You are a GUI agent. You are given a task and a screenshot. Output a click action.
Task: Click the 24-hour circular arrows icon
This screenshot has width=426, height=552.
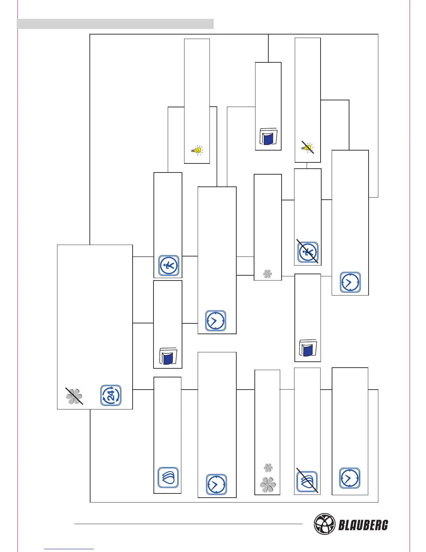pyautogui.click(x=111, y=395)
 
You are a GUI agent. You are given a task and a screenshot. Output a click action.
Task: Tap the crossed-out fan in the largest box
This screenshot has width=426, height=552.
pyautogui.click(x=74, y=396)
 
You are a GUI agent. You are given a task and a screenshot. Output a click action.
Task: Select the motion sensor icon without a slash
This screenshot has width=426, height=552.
pyautogui.click(x=169, y=266)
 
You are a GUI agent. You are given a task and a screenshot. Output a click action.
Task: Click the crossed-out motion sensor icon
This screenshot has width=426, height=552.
pyautogui.click(x=308, y=252)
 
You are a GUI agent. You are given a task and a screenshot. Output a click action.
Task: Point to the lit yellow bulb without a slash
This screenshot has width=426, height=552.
pyautogui.click(x=197, y=150)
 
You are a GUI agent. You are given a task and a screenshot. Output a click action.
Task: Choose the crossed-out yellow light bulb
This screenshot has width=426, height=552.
pyautogui.click(x=308, y=148)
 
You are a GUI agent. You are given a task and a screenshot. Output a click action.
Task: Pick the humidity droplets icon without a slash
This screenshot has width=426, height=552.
pyautogui.click(x=168, y=477)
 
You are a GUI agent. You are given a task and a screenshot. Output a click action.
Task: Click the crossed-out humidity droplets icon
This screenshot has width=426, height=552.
pyautogui.click(x=307, y=482)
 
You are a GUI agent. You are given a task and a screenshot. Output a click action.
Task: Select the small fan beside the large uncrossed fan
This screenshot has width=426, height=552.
pyautogui.click(x=268, y=468)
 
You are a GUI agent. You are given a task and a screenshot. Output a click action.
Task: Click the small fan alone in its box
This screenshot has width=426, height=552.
pyautogui.click(x=267, y=275)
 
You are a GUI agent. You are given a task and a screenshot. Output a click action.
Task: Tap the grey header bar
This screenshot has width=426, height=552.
pyautogui.click(x=115, y=24)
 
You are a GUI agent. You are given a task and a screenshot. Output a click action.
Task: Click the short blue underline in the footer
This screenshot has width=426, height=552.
pyautogui.click(x=69, y=549)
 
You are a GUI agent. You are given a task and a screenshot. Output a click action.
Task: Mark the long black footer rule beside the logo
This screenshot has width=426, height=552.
pyautogui.click(x=188, y=524)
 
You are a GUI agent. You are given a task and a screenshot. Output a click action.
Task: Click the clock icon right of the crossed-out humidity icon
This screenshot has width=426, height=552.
pyautogui.click(x=350, y=478)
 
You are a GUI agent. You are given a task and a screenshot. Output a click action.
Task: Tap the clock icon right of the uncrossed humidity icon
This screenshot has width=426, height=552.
pyautogui.click(x=216, y=484)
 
